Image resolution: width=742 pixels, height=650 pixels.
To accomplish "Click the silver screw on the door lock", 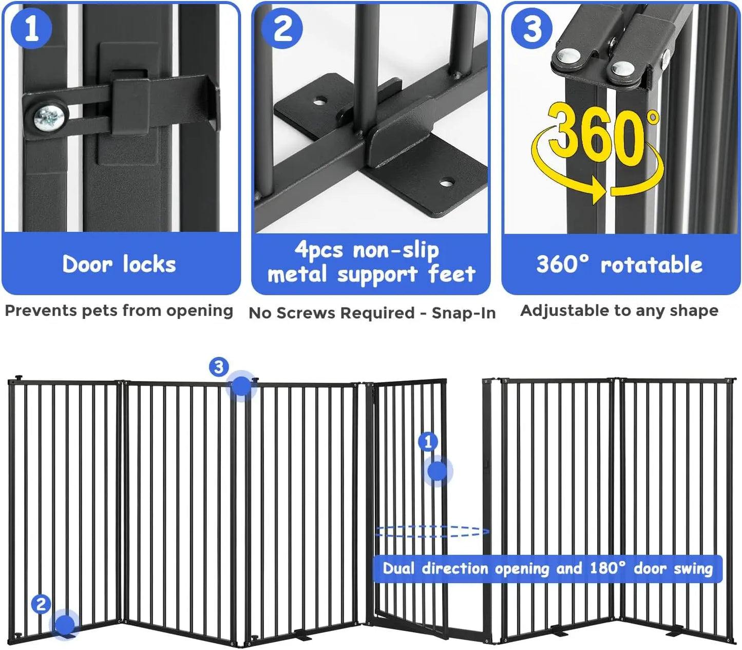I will (x=49, y=119).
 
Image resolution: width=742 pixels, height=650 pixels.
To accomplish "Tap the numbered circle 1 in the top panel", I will (x=31, y=28).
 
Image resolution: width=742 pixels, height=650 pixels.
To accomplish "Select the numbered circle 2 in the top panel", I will (x=282, y=28).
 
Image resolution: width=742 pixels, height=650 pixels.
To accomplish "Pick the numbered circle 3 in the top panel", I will (x=532, y=28).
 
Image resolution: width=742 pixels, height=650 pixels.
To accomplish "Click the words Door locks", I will (x=119, y=264).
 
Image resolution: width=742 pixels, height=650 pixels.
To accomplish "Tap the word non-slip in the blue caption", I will (x=395, y=250).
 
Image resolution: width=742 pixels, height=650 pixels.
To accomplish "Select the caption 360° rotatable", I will (x=619, y=265).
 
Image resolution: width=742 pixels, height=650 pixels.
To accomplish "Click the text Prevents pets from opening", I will (x=119, y=311).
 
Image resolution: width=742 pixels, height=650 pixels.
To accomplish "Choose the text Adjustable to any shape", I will (x=619, y=311).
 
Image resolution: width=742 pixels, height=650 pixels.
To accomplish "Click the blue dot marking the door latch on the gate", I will (x=437, y=470).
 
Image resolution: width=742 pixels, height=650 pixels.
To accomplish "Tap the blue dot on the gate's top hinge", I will (x=241, y=386).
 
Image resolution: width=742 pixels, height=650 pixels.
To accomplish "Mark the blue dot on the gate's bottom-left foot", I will (x=65, y=624).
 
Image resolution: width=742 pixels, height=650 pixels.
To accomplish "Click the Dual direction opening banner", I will (x=547, y=568).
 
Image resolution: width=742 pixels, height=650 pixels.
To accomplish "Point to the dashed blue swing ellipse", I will (x=431, y=531).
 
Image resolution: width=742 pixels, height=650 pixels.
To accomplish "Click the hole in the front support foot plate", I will (x=447, y=182).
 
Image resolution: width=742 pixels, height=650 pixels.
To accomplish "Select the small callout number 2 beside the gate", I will (x=41, y=604).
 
